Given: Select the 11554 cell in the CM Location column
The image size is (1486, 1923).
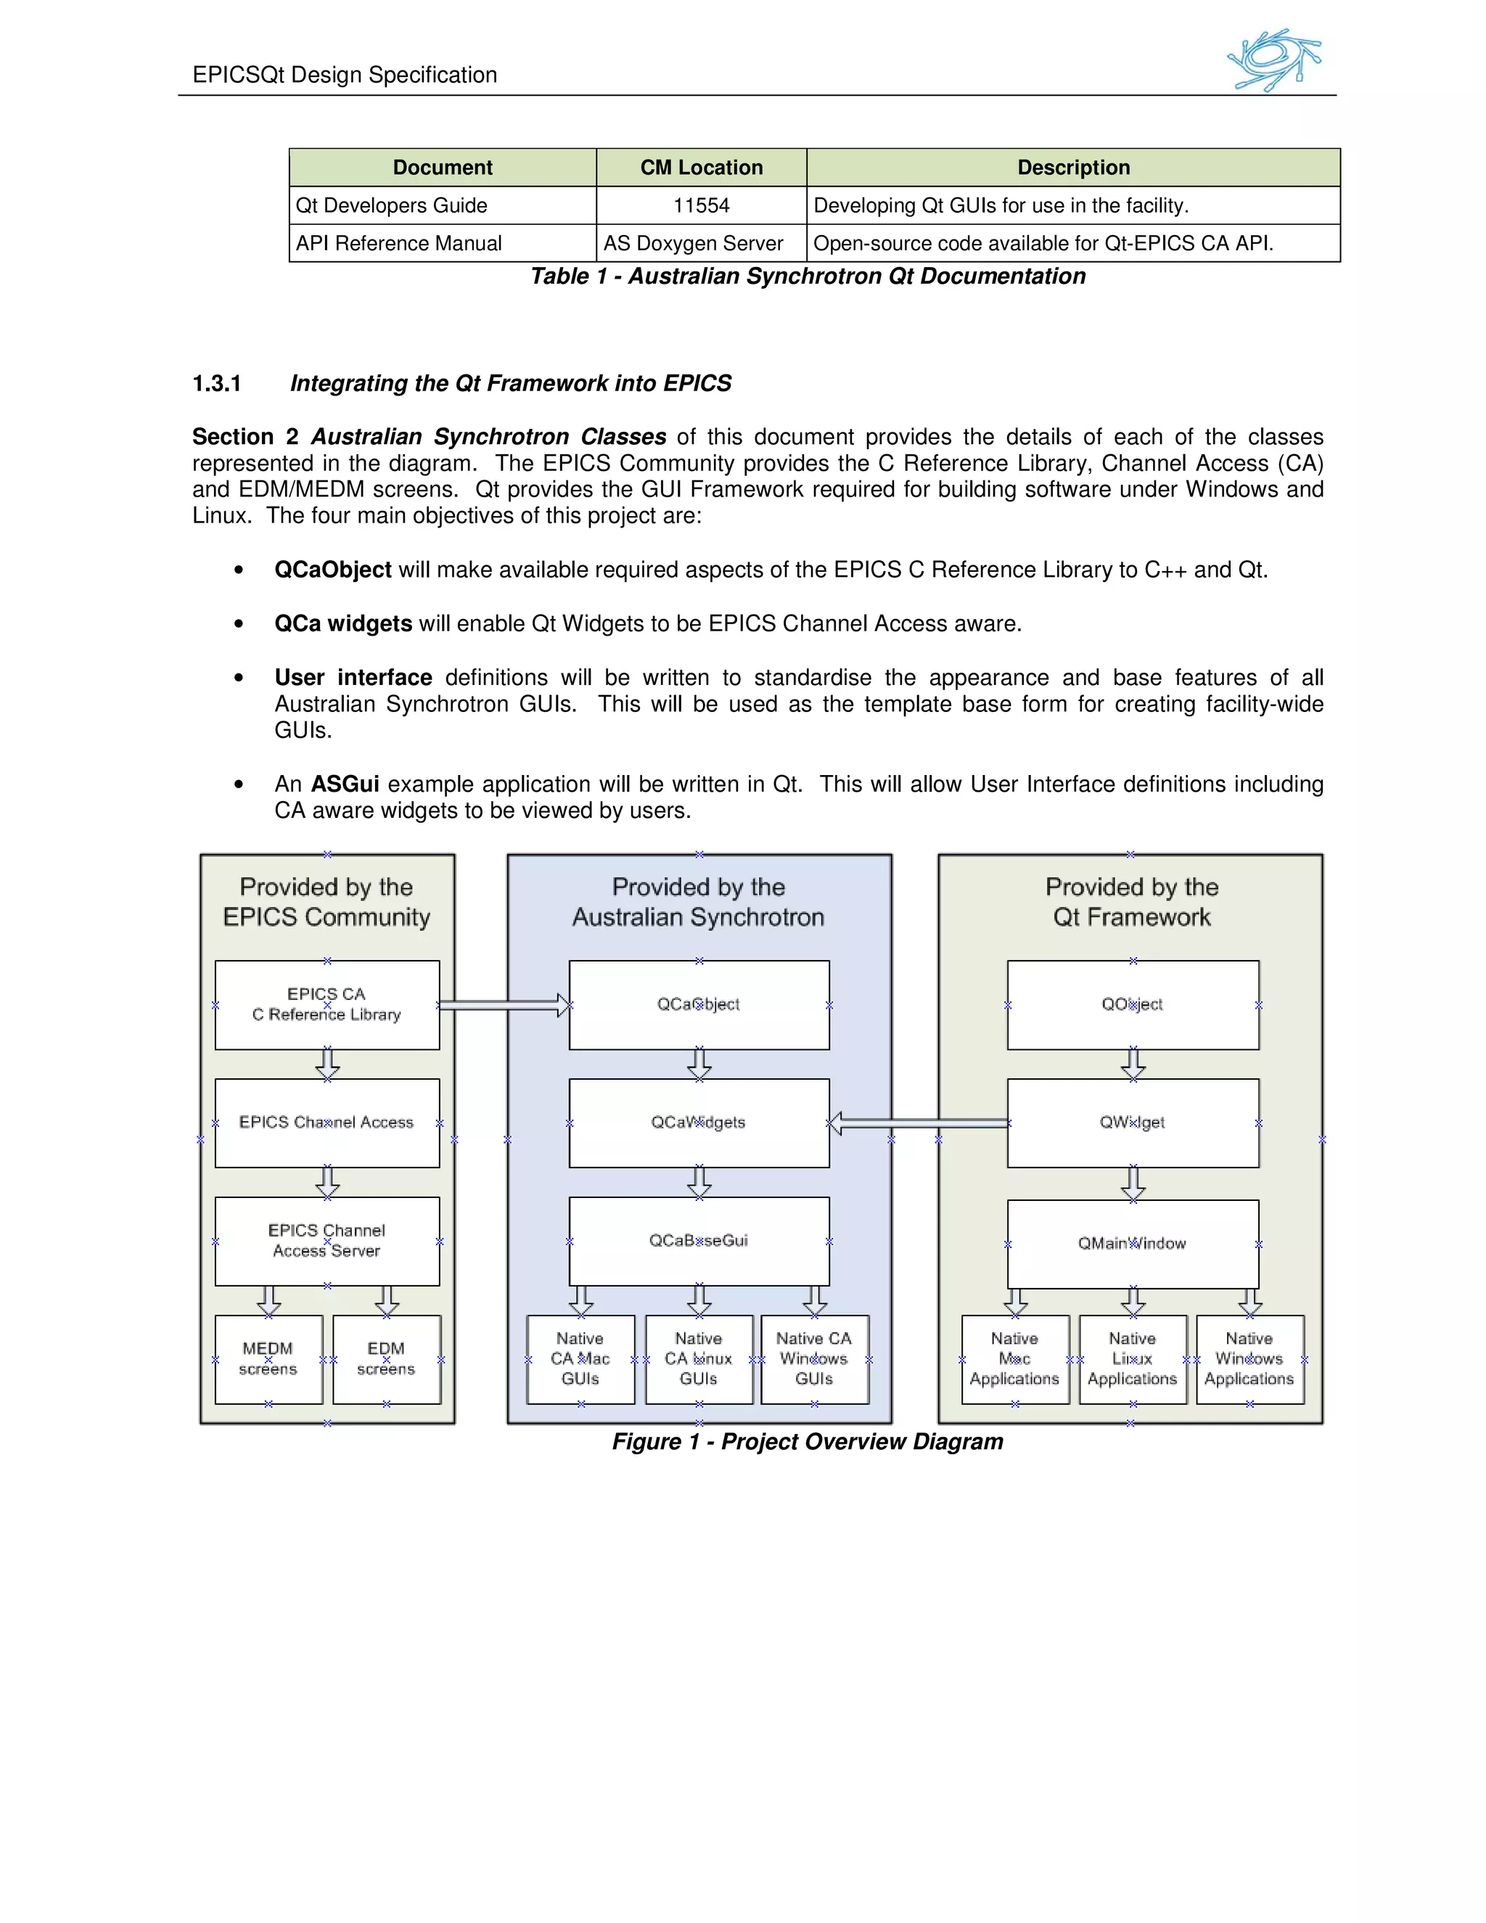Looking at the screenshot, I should click(701, 205).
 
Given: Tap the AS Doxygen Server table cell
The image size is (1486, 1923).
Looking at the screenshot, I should click(693, 243).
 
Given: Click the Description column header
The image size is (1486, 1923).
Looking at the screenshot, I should click(1073, 168).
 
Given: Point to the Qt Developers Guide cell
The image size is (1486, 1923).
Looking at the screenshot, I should click(392, 205).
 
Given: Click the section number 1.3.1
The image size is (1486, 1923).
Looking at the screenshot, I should click(216, 383).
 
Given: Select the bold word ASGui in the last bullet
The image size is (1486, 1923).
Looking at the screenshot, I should click(344, 784).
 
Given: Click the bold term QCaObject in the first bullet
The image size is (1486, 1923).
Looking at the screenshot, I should click(333, 570).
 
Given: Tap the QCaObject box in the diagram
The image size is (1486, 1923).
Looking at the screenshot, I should click(699, 1004).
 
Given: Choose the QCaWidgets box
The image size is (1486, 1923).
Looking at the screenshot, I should click(699, 1123).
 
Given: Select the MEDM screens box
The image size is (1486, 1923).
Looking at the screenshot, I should click(268, 1358).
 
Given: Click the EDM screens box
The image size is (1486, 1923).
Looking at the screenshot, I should click(387, 1358).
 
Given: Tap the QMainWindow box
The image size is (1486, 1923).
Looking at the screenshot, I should click(1132, 1243).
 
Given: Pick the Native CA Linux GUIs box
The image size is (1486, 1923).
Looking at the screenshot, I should click(699, 1358).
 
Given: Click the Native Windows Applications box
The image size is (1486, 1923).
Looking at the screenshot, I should click(1249, 1358).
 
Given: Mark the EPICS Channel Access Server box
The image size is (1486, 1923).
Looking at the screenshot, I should click(327, 1241).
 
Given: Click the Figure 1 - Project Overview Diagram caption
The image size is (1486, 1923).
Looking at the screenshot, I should click(808, 1441).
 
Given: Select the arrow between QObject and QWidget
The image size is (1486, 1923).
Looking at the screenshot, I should click(1133, 1064).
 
